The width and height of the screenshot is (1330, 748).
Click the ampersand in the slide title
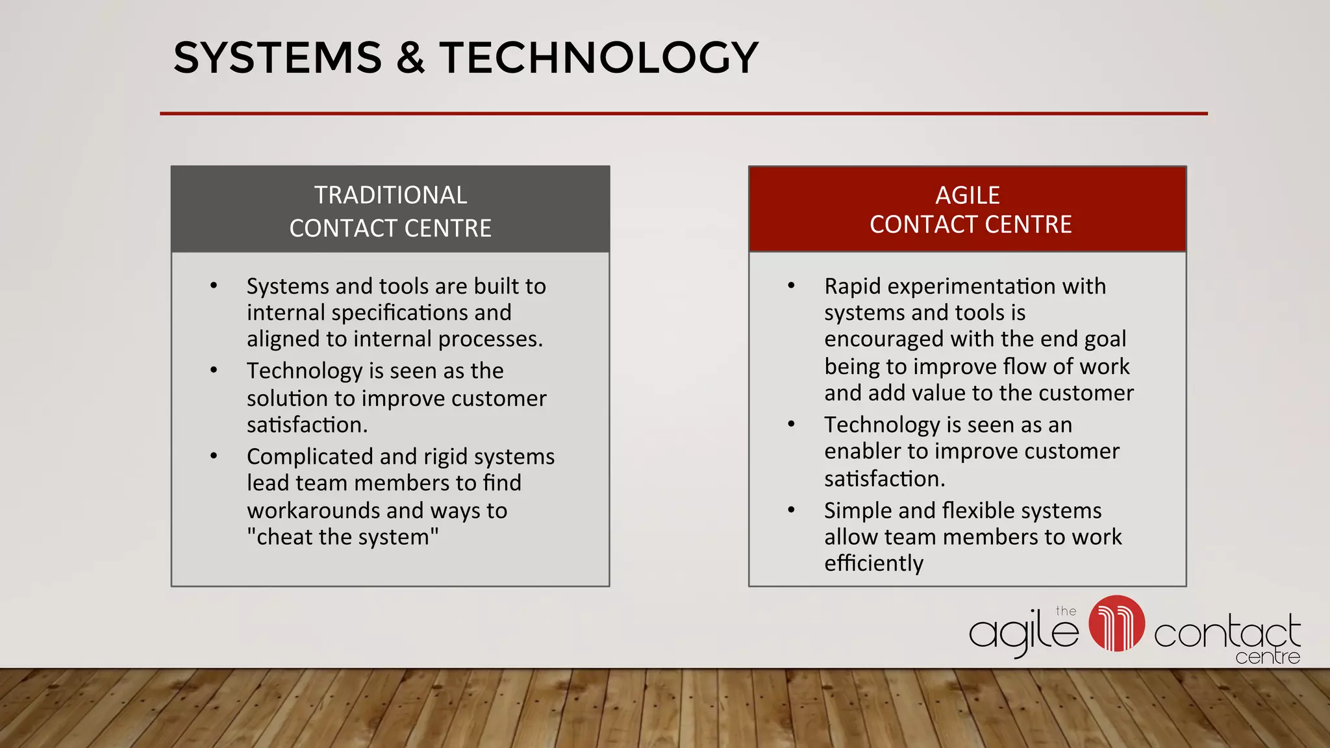tap(410, 57)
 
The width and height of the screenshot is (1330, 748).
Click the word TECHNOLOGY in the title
tap(599, 57)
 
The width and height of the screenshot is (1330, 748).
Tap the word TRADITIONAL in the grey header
tap(390, 195)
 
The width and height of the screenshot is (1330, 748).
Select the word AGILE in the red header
tap(967, 195)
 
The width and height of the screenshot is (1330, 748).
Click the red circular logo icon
tap(1116, 623)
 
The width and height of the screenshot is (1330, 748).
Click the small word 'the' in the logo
tap(1066, 611)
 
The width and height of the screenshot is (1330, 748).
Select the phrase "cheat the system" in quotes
tap(342, 537)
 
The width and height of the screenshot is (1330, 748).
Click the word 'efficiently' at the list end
tap(873, 563)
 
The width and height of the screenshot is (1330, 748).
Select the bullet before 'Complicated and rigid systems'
tap(214, 456)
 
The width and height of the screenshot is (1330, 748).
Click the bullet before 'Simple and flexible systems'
tap(791, 510)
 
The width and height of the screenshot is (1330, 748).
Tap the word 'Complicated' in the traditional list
tap(310, 457)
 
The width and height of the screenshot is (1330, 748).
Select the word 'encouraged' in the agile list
tap(883, 340)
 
